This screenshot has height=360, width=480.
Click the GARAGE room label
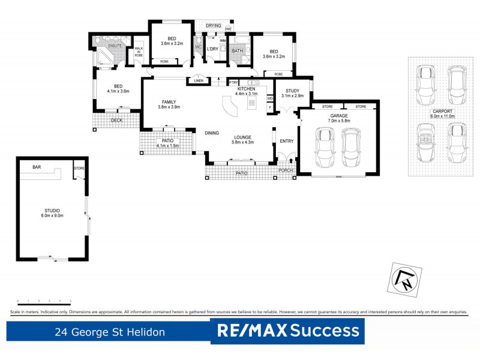coord(340,118)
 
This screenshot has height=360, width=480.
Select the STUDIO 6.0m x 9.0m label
coord(52,213)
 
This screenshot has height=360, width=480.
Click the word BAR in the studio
coord(37,168)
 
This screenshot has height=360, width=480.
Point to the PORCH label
coord(287,170)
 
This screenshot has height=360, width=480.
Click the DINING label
coord(211,133)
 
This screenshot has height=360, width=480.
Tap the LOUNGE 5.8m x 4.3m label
coord(244,140)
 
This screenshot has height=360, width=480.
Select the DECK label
coord(118,120)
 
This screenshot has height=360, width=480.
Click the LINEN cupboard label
coord(198,81)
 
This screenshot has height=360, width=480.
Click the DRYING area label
coord(213,26)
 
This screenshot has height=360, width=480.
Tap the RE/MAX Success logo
coord(288,331)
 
